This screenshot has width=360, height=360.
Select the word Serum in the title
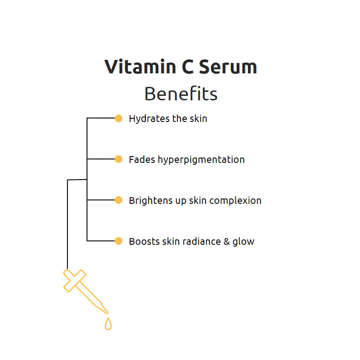[228, 67]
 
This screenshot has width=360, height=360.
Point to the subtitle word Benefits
[181, 94]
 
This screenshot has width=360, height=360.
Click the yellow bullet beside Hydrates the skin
[118, 118]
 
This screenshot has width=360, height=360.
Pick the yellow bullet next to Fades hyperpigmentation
[118, 159]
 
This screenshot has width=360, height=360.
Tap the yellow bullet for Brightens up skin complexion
[118, 200]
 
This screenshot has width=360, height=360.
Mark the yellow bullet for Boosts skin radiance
[118, 241]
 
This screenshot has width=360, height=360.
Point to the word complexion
[238, 201]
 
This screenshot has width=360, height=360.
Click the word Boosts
[142, 241]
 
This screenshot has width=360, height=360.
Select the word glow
[243, 242]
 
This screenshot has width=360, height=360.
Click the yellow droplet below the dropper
[108, 324]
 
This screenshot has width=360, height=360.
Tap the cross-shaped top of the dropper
[75, 280]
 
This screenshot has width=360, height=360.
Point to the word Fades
[142, 159]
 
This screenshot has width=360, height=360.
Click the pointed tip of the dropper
[106, 311]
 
